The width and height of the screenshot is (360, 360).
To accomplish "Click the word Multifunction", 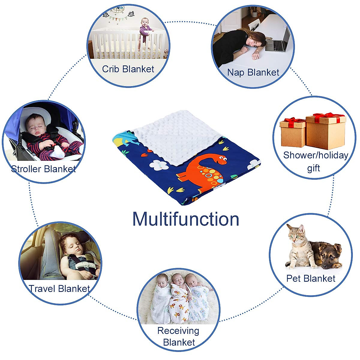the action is coord(186,219).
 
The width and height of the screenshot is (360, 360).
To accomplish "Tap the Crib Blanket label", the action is coord(128,69).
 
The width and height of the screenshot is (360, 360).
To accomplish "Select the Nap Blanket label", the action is coord(253,73).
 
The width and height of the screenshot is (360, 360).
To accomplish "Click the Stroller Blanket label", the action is coord(43,169).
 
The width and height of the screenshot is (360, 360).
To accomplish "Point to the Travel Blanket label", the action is coord(59,289).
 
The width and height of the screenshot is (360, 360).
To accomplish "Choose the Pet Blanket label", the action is coord(311,278).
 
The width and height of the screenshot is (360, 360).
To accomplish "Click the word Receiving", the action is coord(178,331).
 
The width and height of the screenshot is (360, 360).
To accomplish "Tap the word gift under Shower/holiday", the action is coord(313,168).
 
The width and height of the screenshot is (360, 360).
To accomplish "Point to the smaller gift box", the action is coord(292,133).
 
